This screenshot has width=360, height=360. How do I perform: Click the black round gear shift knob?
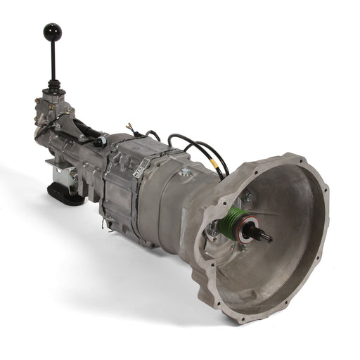pyautogui.click(x=53, y=32)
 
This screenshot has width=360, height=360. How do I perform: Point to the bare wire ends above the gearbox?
pyautogui.click(x=131, y=128)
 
